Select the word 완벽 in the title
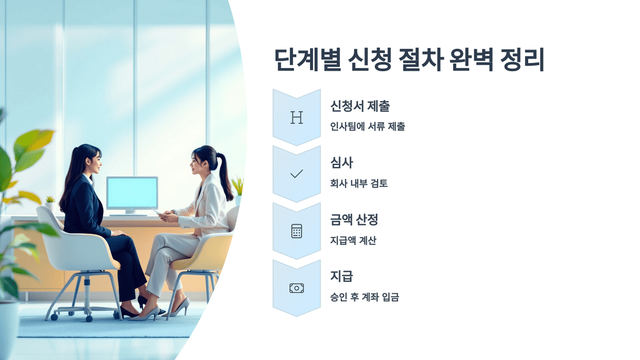(461, 61)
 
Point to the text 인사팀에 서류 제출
(367, 127)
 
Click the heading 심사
(341, 163)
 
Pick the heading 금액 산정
(354, 220)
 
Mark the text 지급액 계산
(353, 241)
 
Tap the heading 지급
(341, 276)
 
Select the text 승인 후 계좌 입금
(364, 297)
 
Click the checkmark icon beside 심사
(296, 174)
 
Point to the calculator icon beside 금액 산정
(296, 231)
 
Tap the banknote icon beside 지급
(296, 287)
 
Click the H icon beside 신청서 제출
(296, 117)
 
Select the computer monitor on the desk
(132, 194)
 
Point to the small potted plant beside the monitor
(50, 202)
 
